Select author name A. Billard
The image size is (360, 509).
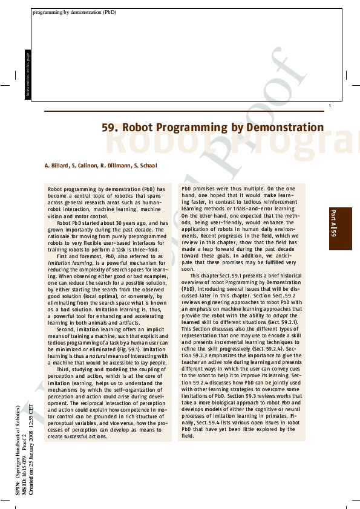pyautogui.click(x=56, y=165)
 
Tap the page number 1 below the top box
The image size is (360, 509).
pyautogui.click(x=329, y=106)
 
